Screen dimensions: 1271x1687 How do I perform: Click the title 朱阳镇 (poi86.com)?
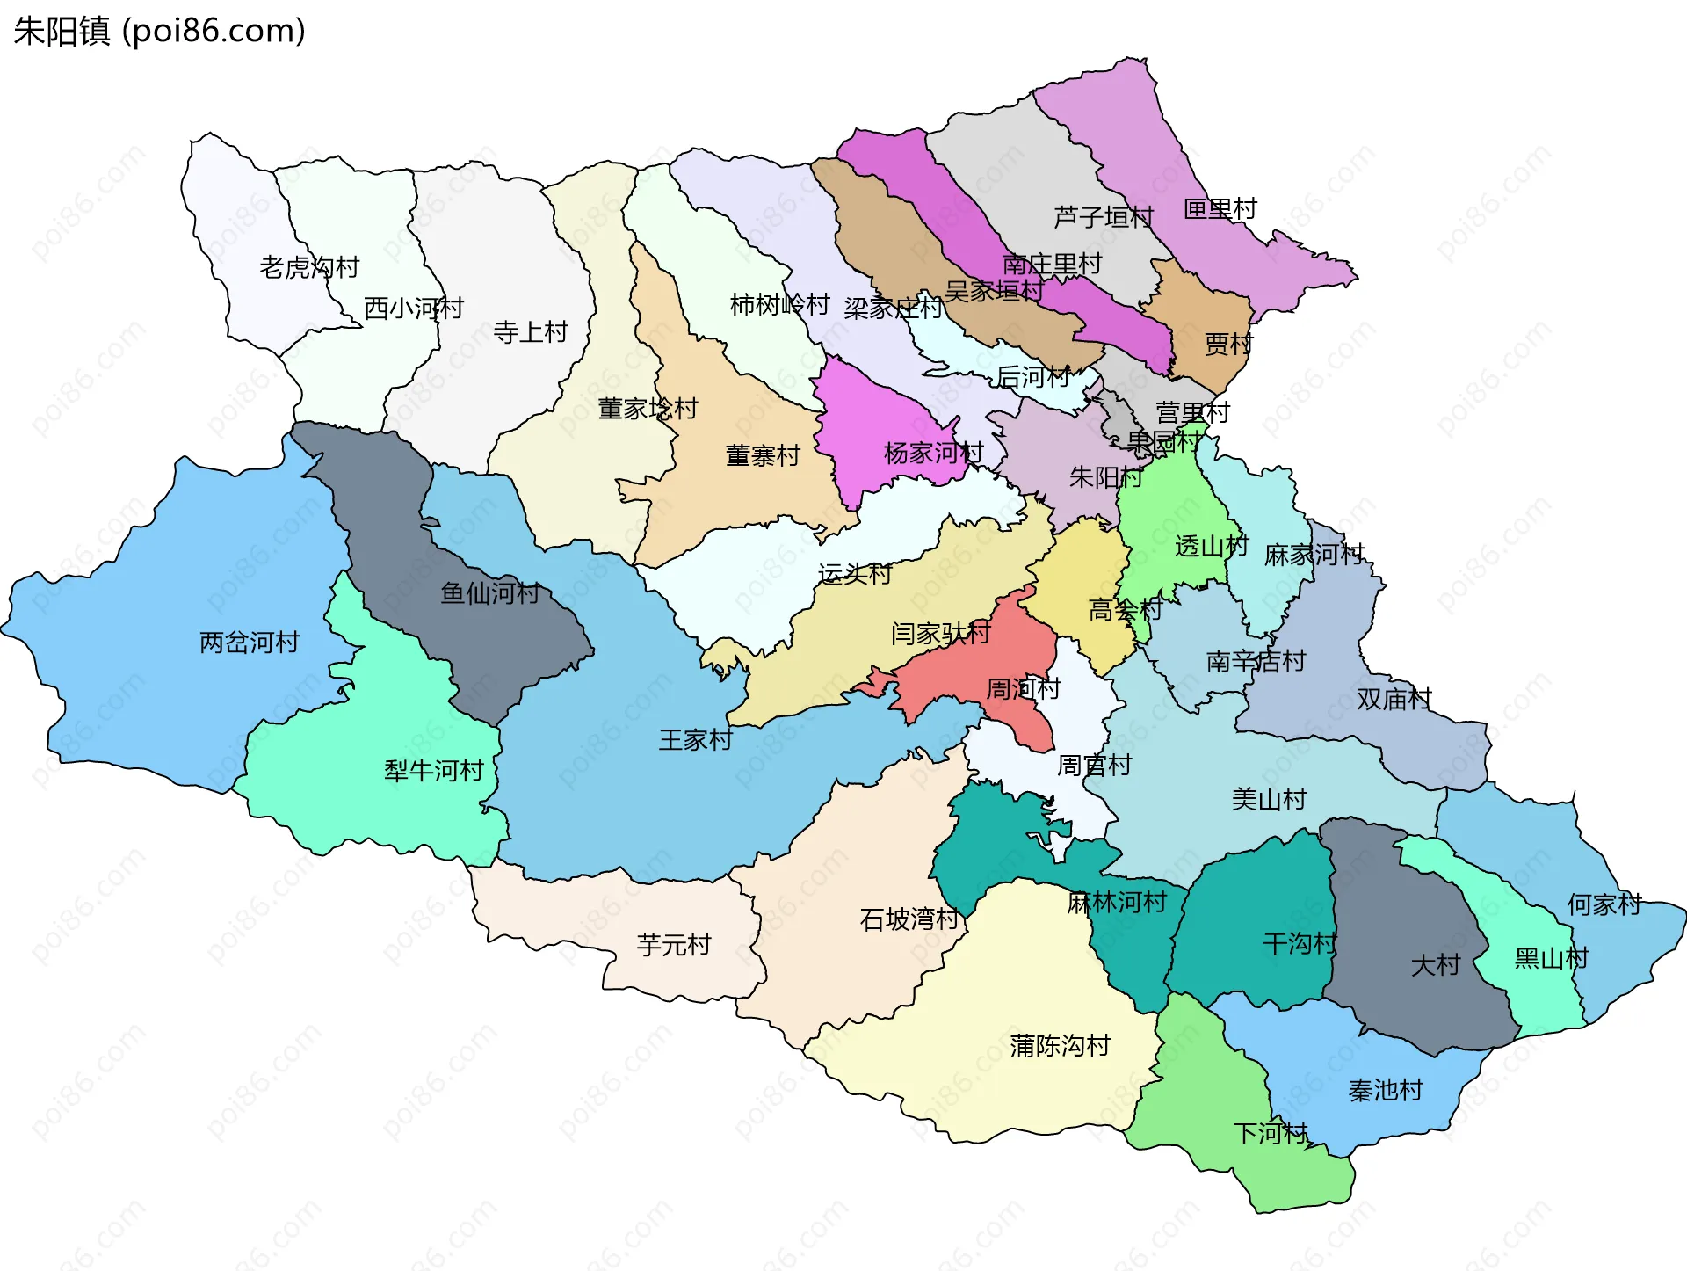pos(159,31)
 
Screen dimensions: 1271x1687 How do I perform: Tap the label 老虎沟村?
pos(309,266)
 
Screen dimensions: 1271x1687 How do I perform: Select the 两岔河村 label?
pos(250,643)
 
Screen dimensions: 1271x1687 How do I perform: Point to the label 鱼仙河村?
pos(490,593)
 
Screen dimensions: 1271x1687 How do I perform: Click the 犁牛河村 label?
pos(434,771)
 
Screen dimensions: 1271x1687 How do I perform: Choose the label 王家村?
pos(696,740)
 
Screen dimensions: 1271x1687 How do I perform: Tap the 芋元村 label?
pos(674,945)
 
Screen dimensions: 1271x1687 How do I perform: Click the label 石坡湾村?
pos(909,919)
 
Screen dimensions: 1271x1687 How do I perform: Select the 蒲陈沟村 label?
pos(1061,1045)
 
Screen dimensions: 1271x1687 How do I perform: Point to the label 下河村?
pos(1271,1133)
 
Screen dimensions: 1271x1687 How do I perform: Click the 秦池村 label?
pos(1386,1090)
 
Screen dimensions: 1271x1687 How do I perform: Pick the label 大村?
pos(1435,965)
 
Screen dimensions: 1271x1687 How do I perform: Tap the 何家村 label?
pos(1604,904)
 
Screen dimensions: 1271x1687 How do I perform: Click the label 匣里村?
pos(1220,209)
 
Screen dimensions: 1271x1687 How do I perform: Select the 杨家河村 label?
pos(933,453)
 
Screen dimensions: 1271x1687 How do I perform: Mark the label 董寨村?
pos(763,455)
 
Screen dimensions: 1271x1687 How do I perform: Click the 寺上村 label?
pos(531,331)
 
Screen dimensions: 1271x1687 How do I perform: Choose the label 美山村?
pos(1269,799)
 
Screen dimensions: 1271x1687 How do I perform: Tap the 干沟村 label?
pos(1300,944)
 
